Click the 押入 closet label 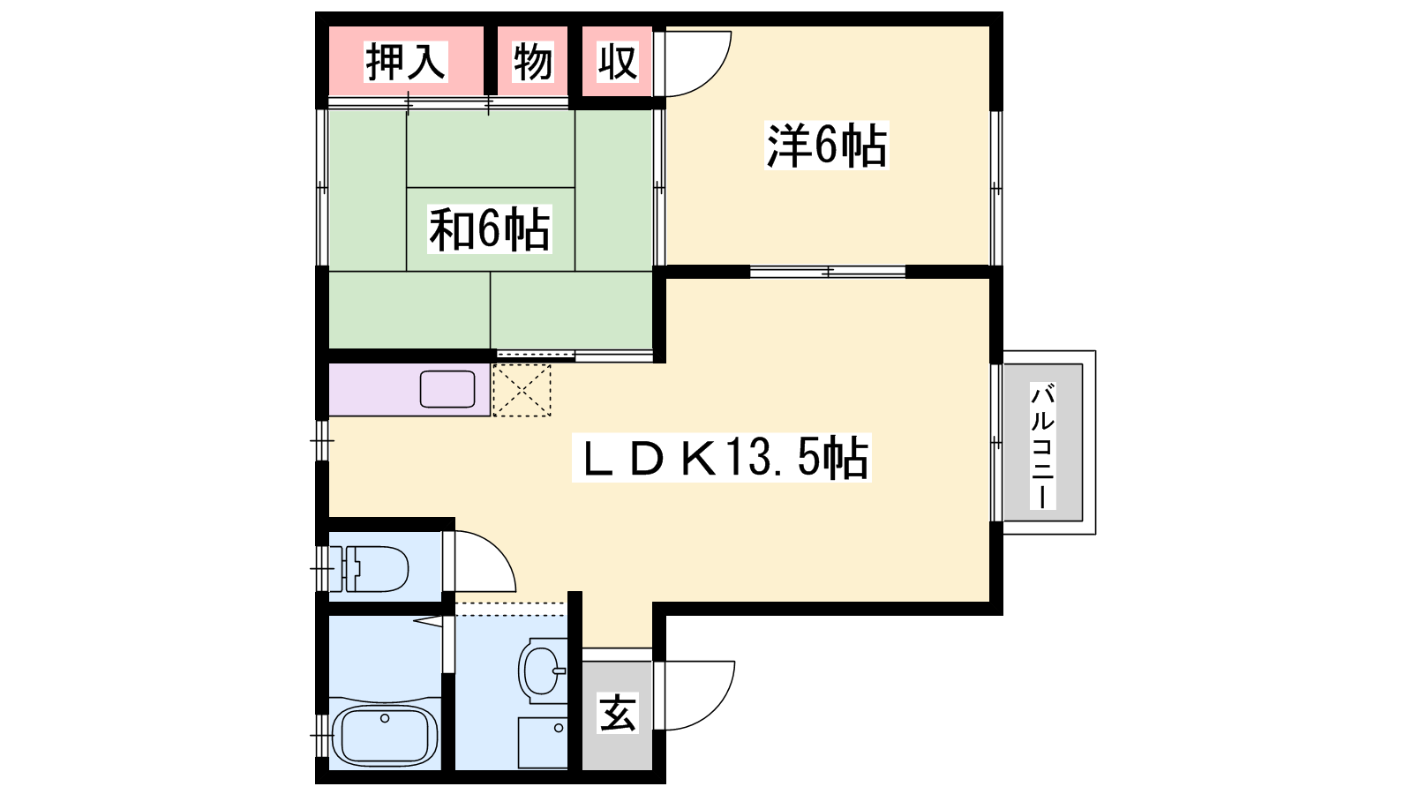click(x=406, y=62)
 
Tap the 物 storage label click(x=533, y=62)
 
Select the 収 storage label click(x=617, y=62)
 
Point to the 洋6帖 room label click(x=826, y=146)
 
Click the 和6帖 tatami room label click(x=489, y=229)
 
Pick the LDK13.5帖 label click(x=721, y=458)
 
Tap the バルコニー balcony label click(x=1042, y=445)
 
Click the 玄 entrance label click(x=617, y=714)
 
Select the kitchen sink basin click(x=447, y=389)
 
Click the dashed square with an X click(x=522, y=390)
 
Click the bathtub click(x=384, y=735)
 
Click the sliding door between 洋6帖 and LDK click(x=828, y=272)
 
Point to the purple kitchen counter click(x=409, y=389)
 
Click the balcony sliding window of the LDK click(x=996, y=443)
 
